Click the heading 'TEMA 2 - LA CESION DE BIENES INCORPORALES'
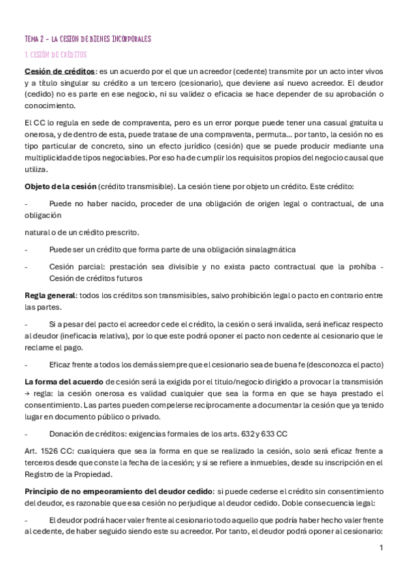click(87, 39)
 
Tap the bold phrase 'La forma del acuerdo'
click(65, 382)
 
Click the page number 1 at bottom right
click(381, 547)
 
